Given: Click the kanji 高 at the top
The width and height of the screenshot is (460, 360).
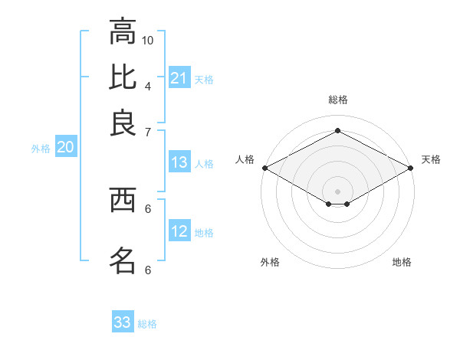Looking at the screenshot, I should (x=123, y=32).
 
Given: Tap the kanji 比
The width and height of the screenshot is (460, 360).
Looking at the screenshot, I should (x=123, y=77).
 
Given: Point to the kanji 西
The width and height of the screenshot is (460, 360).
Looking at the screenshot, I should (x=123, y=200).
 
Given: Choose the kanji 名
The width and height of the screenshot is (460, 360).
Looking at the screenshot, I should (x=123, y=260).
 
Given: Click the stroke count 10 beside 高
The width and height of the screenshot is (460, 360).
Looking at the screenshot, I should (x=148, y=40).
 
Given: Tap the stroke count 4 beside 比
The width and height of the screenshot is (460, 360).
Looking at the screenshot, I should (x=148, y=85).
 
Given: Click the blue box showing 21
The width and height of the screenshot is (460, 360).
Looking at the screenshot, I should (x=179, y=78).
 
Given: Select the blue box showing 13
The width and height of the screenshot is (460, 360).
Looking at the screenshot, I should (x=179, y=162).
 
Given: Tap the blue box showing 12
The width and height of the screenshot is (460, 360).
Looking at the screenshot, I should (x=179, y=231).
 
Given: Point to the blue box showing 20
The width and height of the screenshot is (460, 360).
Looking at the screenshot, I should (x=65, y=148).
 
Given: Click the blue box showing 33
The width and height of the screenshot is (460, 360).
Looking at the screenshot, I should (x=123, y=322).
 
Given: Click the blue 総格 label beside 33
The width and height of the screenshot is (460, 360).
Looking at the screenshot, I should (x=147, y=324).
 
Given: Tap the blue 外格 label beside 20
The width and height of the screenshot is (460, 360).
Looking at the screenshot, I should (x=41, y=149).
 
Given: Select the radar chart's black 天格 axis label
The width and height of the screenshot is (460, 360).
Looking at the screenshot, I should (x=431, y=159).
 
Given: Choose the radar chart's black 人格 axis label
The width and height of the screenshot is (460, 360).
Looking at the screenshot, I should (x=245, y=159).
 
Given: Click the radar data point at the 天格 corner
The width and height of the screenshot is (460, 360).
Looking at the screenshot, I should (x=411, y=168).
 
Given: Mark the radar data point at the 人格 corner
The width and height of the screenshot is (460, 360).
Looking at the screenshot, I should (x=264, y=168).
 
